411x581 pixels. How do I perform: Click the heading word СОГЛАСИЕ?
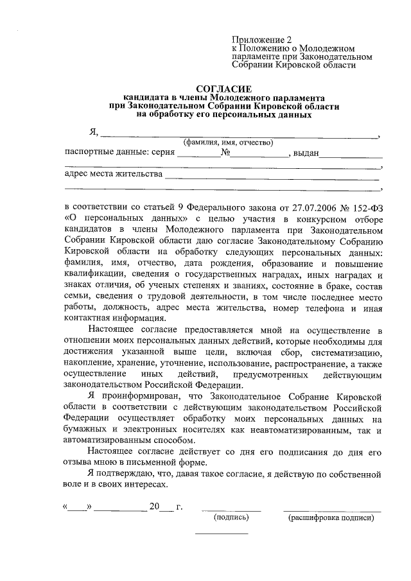tap(224, 88)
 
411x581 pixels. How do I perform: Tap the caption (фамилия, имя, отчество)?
tap(228, 142)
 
